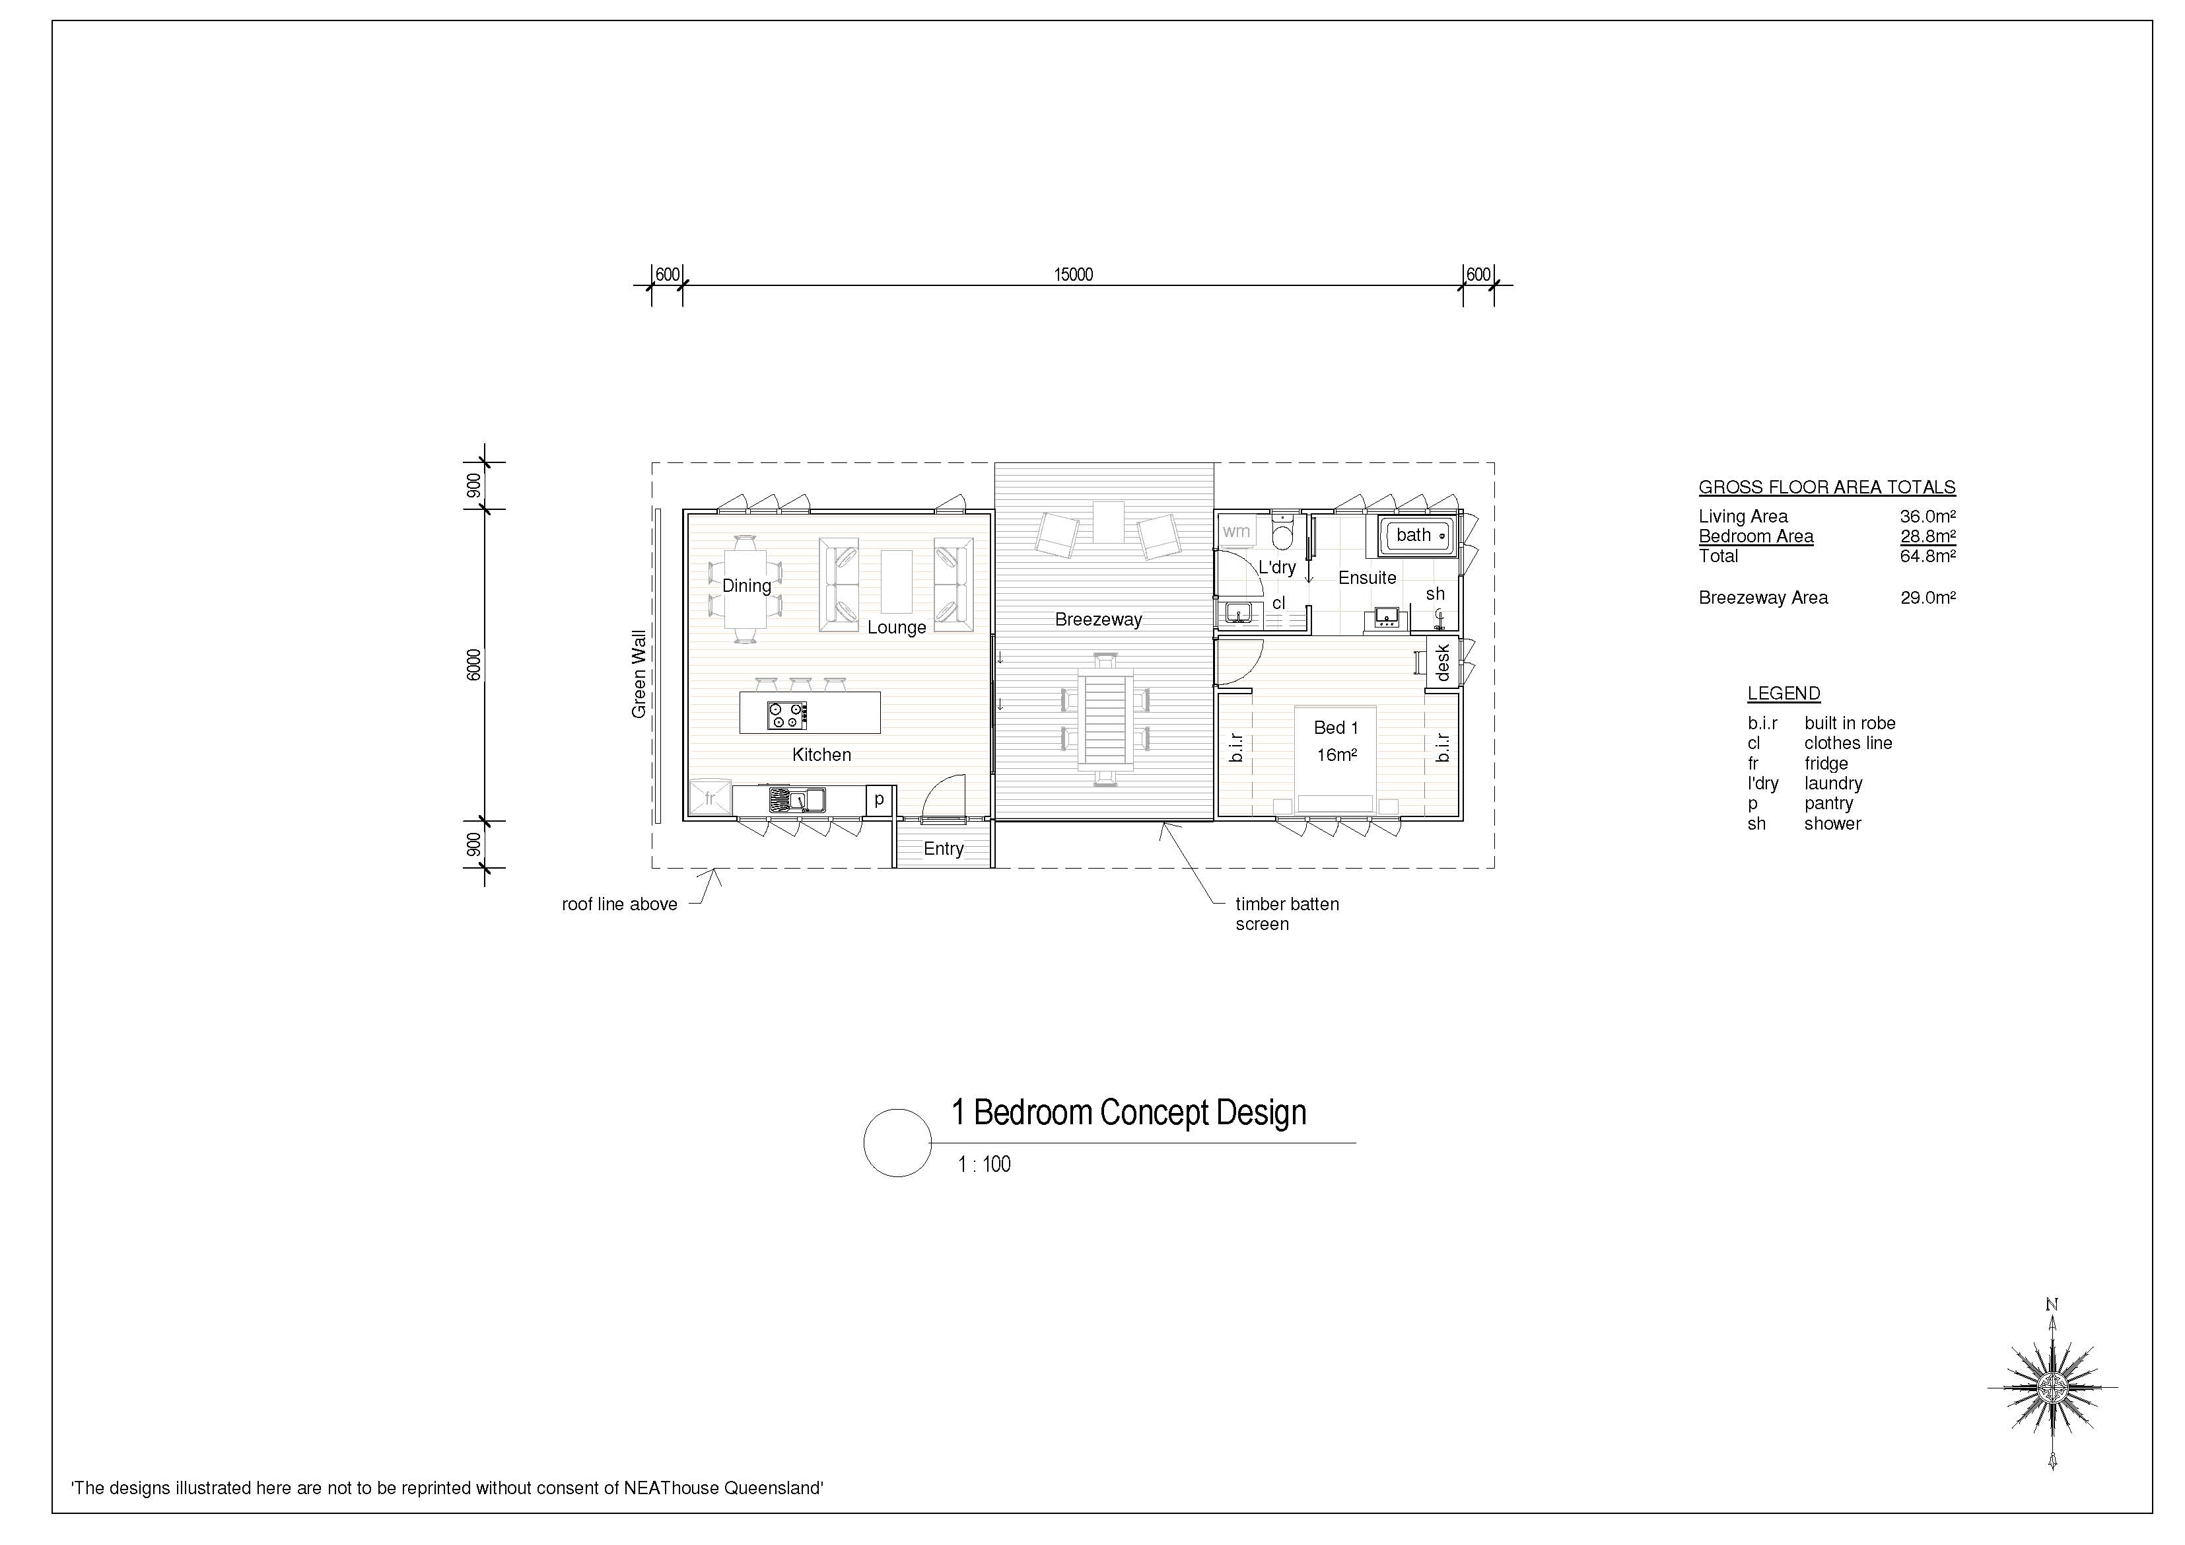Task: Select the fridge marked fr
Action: pyautogui.click(x=710, y=798)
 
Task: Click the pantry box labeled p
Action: pyautogui.click(x=880, y=800)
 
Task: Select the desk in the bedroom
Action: pyautogui.click(x=1443, y=661)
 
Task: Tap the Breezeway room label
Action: pyautogui.click(x=1098, y=620)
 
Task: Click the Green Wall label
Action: pyautogui.click(x=639, y=674)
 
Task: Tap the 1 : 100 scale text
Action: pyautogui.click(x=984, y=1165)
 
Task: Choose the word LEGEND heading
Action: pyautogui.click(x=1784, y=694)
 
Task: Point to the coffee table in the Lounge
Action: pyautogui.click(x=897, y=582)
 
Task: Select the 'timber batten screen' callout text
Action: pyautogui.click(x=1287, y=914)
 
